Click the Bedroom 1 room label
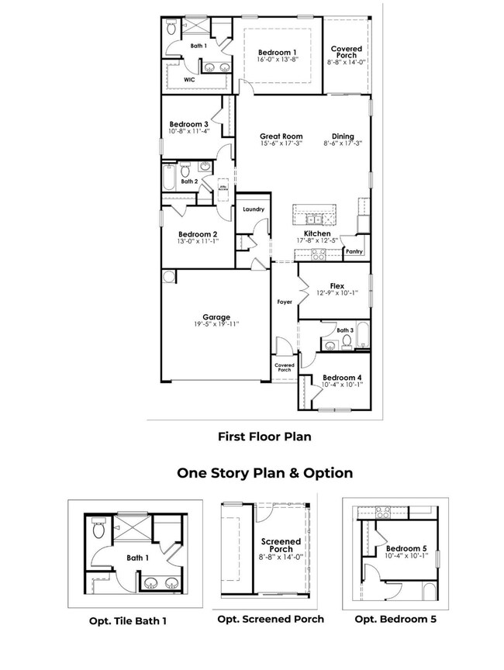(x=278, y=51)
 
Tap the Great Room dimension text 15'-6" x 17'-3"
(x=281, y=143)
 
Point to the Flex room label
(x=337, y=285)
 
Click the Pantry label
(x=354, y=251)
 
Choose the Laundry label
(x=254, y=209)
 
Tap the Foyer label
(x=285, y=302)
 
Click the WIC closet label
(x=189, y=79)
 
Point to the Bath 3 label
(x=346, y=330)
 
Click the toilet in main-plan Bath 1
(x=172, y=28)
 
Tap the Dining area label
(x=343, y=136)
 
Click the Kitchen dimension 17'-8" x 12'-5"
(x=317, y=240)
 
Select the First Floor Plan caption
(x=264, y=437)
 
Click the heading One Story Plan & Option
(x=264, y=472)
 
